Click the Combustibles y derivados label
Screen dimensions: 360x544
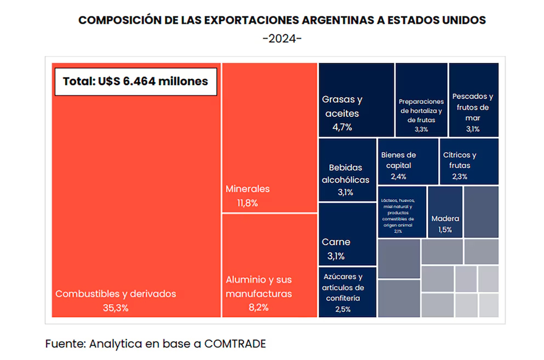point(116,294)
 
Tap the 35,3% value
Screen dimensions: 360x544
point(116,308)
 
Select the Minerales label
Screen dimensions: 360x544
point(248,189)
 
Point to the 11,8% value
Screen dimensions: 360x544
point(247,203)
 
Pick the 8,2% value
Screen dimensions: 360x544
point(258,308)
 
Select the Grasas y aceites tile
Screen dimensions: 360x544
point(356,100)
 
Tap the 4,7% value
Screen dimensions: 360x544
point(342,127)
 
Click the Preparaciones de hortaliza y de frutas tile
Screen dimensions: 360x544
point(421,100)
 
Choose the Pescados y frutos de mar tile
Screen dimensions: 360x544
point(473,100)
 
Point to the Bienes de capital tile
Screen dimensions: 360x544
point(407,161)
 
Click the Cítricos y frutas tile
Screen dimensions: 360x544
point(468,161)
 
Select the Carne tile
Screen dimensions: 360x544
point(347,234)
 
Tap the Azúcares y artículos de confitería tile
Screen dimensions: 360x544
point(347,292)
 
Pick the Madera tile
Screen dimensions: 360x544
point(445,212)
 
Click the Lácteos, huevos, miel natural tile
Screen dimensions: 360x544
point(401,212)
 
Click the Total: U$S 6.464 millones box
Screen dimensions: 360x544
point(135,81)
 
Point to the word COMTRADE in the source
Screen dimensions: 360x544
point(235,344)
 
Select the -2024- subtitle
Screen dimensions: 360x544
point(282,39)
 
